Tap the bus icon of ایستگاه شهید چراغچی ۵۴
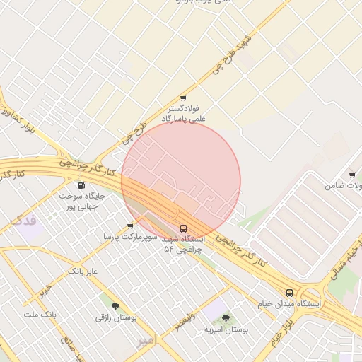[184, 229]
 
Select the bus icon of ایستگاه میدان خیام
[289, 293]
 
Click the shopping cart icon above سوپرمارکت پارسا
[130, 226]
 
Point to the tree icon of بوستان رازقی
[115, 307]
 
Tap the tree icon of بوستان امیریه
[226, 319]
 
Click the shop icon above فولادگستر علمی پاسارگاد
[183, 99]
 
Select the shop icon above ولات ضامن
[351, 175]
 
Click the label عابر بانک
[83, 271]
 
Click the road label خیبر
[45, 291]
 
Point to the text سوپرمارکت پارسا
[129, 236]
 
